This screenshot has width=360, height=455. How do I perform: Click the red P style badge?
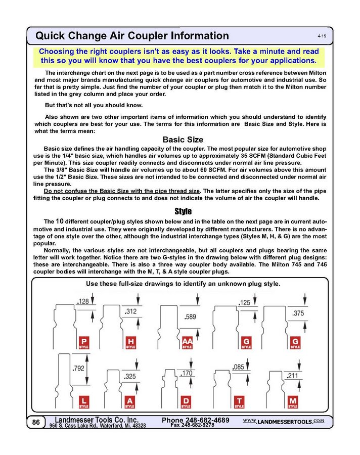(83, 343)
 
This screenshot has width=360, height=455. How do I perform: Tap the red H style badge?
(130, 343)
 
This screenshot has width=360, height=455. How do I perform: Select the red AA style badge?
(187, 343)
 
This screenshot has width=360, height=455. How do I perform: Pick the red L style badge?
(83, 402)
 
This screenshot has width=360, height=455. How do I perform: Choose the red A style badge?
(130, 402)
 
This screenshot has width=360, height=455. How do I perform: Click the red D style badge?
(186, 402)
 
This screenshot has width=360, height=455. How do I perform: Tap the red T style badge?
(239, 402)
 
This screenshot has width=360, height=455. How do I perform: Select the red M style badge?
(293, 402)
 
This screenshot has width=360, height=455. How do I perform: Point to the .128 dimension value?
(83, 302)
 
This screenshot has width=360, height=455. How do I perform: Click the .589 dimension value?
(190, 317)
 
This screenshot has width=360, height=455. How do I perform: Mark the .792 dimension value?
(78, 369)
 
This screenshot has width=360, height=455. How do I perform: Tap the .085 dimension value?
(238, 367)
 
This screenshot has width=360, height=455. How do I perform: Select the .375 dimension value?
(298, 313)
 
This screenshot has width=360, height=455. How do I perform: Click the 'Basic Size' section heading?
(183, 140)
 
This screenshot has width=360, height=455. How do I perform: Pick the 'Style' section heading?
(183, 211)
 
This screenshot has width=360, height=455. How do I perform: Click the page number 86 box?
(36, 422)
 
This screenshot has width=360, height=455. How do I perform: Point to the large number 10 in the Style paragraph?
(60, 221)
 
